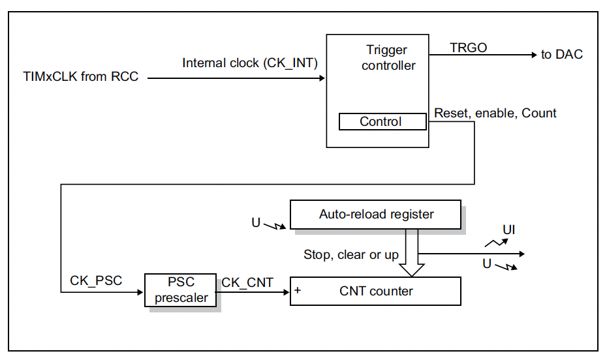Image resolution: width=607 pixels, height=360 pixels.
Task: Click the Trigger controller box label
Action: point(388,57)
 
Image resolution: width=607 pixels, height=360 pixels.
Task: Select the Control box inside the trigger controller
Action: point(381,122)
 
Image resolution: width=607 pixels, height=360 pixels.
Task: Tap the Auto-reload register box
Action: point(376,214)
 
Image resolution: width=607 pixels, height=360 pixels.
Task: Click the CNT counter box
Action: point(376,291)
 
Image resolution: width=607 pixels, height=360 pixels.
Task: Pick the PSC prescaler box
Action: point(181,290)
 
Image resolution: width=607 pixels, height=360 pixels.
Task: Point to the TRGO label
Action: point(468,48)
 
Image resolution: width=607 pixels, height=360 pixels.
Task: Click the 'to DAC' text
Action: point(561,55)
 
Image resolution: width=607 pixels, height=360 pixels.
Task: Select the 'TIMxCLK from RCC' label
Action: point(80,77)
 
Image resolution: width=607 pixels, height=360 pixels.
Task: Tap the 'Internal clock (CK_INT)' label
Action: point(249,63)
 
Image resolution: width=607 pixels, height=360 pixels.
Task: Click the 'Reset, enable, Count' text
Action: point(495,113)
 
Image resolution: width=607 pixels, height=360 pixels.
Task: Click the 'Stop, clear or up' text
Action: point(350,254)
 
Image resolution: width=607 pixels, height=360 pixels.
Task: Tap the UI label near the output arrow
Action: point(509,230)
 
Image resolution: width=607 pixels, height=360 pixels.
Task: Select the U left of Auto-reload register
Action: point(256,223)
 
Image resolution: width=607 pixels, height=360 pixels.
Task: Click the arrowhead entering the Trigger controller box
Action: point(322,78)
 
